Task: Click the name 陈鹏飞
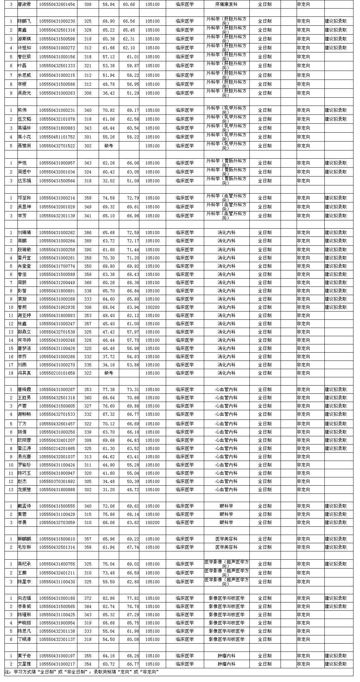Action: pos(24,21)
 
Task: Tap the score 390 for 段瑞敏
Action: pos(88,250)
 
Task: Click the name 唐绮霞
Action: pos(24,390)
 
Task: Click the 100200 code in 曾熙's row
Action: pos(152,307)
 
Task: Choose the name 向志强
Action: pos(24,598)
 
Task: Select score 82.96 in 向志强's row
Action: pos(109,598)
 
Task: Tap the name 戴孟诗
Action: pos(24,506)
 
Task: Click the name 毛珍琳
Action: pos(24,547)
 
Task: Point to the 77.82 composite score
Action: pos(133,598)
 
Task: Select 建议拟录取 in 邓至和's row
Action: pos(336,198)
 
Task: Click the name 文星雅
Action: pos(24,664)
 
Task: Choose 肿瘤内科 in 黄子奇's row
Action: pos(226,656)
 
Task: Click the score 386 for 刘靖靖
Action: pos(88,233)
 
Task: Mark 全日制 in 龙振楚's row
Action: pos(264,490)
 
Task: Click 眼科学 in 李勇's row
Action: pos(226,523)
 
